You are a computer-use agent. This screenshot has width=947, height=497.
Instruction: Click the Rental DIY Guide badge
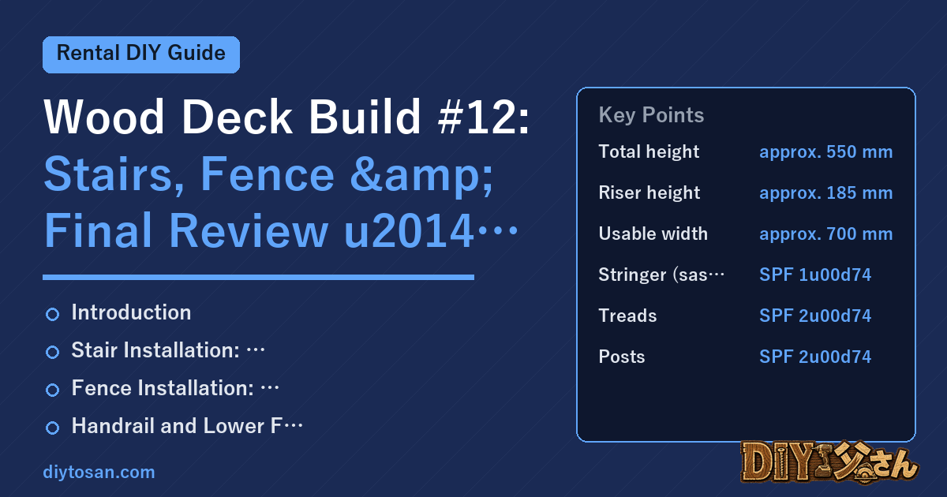tap(141, 54)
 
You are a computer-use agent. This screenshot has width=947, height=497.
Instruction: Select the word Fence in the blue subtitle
tap(268, 174)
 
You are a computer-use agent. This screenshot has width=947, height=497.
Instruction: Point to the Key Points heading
tap(651, 115)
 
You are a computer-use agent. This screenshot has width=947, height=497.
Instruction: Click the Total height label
tap(649, 151)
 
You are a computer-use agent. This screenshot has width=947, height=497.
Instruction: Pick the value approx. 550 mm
tap(825, 152)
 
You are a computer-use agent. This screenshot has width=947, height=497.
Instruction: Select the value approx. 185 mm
tap(825, 193)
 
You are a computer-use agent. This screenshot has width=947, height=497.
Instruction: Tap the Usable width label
tap(653, 234)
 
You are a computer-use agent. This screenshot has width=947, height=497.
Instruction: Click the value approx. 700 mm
tap(825, 234)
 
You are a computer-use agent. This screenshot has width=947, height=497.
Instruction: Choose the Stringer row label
tap(661, 275)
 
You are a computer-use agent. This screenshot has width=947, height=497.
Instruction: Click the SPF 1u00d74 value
tap(815, 275)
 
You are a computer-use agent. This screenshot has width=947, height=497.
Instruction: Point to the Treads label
tap(627, 316)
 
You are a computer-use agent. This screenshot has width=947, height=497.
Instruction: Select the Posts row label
tap(622, 357)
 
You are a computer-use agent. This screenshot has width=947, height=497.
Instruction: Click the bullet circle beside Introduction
tap(52, 314)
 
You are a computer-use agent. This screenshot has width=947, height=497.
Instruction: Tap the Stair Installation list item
tap(168, 350)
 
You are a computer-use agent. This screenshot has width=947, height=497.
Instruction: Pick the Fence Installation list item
tap(175, 388)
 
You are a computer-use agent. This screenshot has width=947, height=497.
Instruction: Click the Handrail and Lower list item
tap(187, 426)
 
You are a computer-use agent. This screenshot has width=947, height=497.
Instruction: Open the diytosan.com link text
tap(99, 472)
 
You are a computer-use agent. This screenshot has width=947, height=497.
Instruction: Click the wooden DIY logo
tap(829, 462)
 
